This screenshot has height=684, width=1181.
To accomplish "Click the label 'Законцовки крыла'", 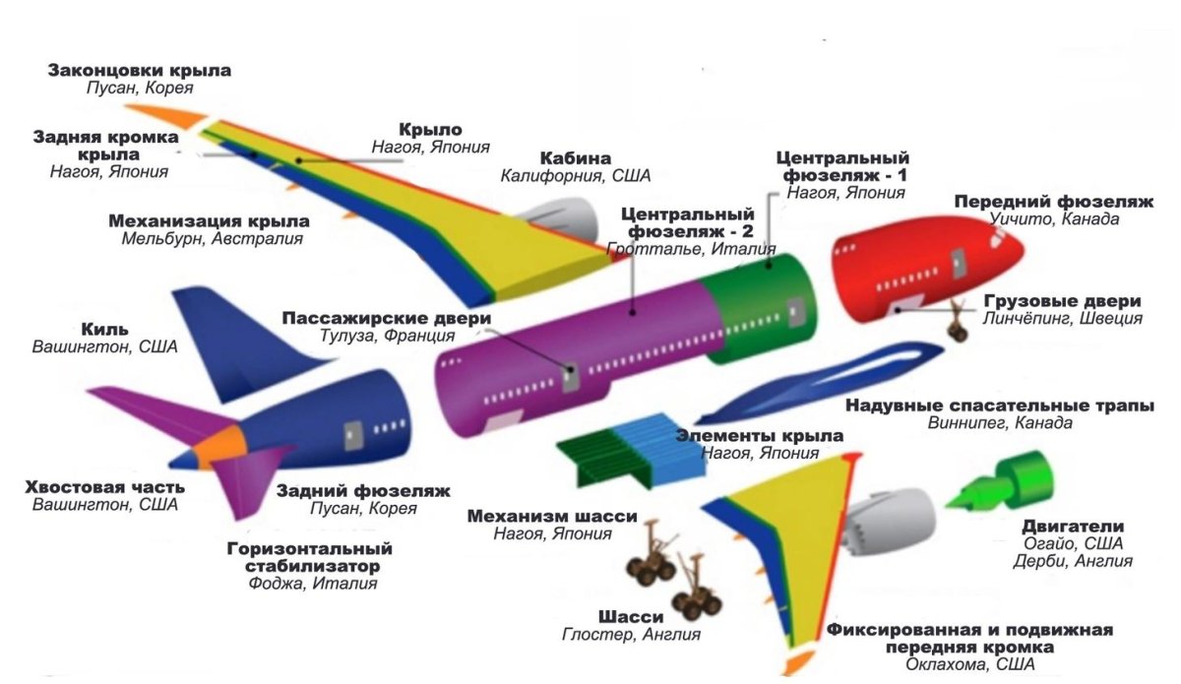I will (x=140, y=71).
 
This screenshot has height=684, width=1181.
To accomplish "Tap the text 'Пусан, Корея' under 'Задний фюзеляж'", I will (x=363, y=509).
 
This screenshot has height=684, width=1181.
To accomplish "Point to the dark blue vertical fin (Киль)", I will (x=226, y=340).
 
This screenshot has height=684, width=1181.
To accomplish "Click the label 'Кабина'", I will (x=575, y=157).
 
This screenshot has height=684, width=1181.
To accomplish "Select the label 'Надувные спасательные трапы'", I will (x=1000, y=405).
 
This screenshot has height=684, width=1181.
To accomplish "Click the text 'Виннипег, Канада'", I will (x=1000, y=423).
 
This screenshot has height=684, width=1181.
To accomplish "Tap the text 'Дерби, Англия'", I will (x=1073, y=561).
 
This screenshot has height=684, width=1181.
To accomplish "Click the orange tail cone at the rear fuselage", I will (x=214, y=448).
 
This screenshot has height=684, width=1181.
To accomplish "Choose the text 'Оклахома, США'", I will (x=969, y=665).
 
